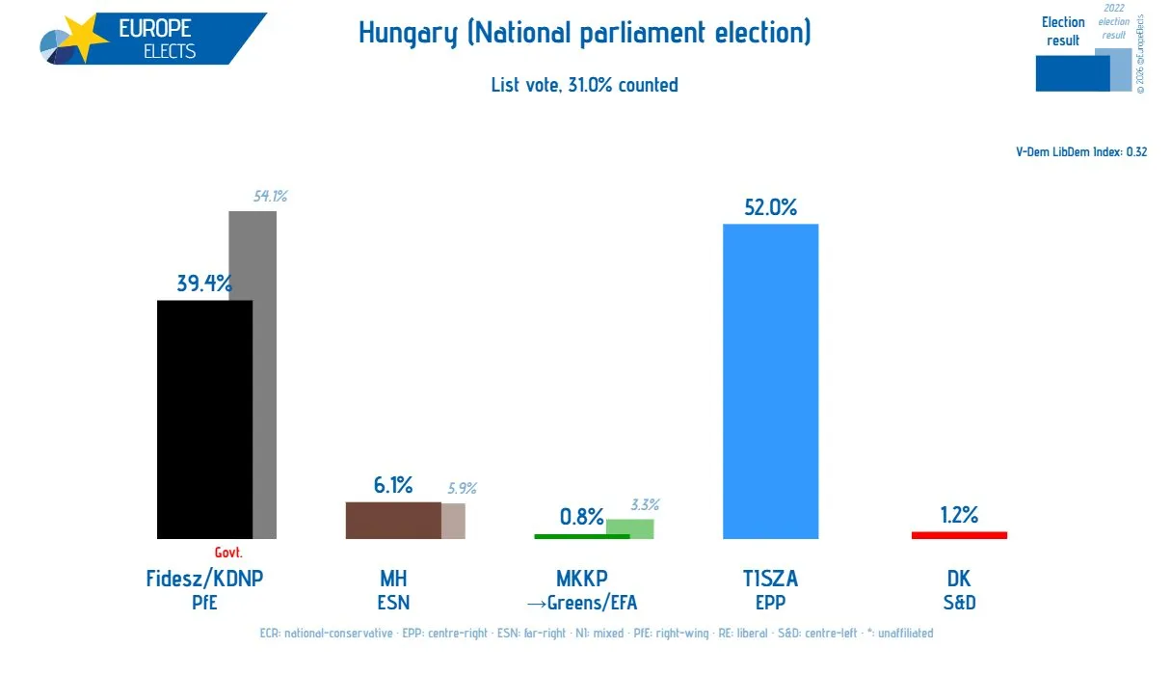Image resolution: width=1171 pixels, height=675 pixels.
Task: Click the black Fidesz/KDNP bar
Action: coord(204,419)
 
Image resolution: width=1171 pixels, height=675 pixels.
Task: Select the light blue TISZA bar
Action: coord(770,381)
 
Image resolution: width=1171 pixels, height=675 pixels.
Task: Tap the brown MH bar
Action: coord(393,520)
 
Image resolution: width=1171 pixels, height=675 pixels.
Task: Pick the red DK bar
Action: coord(959,534)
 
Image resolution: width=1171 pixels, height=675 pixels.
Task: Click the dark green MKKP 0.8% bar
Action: coord(571,536)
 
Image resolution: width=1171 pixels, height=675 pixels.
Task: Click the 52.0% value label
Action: coord(770,206)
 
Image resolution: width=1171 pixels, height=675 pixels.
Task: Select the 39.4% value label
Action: coord(204,283)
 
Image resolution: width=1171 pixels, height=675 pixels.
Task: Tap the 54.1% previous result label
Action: coord(270,197)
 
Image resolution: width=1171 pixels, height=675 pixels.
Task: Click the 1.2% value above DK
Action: coord(959,515)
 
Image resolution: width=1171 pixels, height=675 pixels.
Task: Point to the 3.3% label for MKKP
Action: coord(645,505)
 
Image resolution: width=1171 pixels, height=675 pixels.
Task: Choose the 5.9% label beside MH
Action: coord(462,489)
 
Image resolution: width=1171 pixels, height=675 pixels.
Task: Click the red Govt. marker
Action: coord(228,553)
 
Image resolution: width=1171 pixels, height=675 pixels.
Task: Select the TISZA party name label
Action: coord(770,579)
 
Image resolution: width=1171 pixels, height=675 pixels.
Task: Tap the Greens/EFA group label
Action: coord(582,604)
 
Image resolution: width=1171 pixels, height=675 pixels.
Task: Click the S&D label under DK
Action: coord(959,604)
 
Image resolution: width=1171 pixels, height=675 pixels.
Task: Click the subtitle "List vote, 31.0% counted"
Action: coord(584,85)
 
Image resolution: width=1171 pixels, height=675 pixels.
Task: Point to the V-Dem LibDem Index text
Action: coord(1081,151)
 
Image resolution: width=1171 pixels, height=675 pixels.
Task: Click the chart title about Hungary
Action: coord(584,33)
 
